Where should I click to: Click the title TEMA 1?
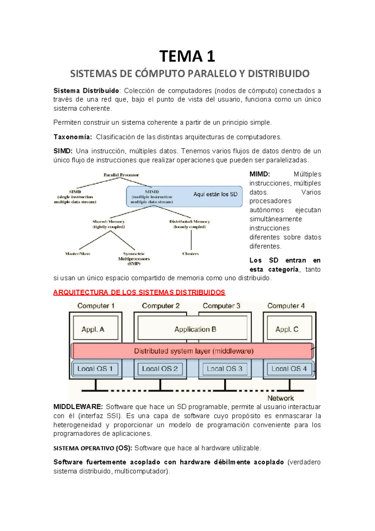pyautogui.click(x=187, y=56)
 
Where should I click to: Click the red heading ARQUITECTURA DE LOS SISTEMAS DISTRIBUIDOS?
pyautogui.click(x=139, y=293)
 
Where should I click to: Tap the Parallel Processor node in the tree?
pyautogui.click(x=121, y=175)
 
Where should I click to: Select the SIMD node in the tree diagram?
pyautogui.click(x=75, y=197)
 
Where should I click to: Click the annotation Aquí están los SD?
pyautogui.click(x=215, y=194)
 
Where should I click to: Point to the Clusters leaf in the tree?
pyautogui.click(x=190, y=254)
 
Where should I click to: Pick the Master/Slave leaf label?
pyautogui.click(x=77, y=254)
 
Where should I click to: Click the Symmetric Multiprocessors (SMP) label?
pyautogui.click(x=134, y=258)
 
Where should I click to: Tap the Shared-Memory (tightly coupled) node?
pyautogui.click(x=108, y=224)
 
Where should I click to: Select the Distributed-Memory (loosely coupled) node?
pyautogui.click(x=190, y=224)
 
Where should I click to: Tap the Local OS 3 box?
pyautogui.click(x=224, y=369)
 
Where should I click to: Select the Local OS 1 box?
pyautogui.click(x=95, y=369)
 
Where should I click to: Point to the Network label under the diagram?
pyautogui.click(x=280, y=398)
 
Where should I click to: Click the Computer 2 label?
pyautogui.click(x=161, y=306)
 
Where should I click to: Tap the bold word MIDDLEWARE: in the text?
pyautogui.click(x=78, y=407)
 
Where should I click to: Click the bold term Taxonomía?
pyautogui.click(x=72, y=137)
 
